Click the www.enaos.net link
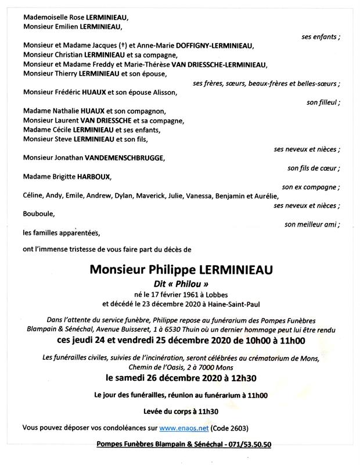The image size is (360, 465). click(x=184, y=429)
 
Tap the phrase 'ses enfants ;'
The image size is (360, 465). click(x=321, y=37)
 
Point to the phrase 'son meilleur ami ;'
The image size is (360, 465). click(x=312, y=224)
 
